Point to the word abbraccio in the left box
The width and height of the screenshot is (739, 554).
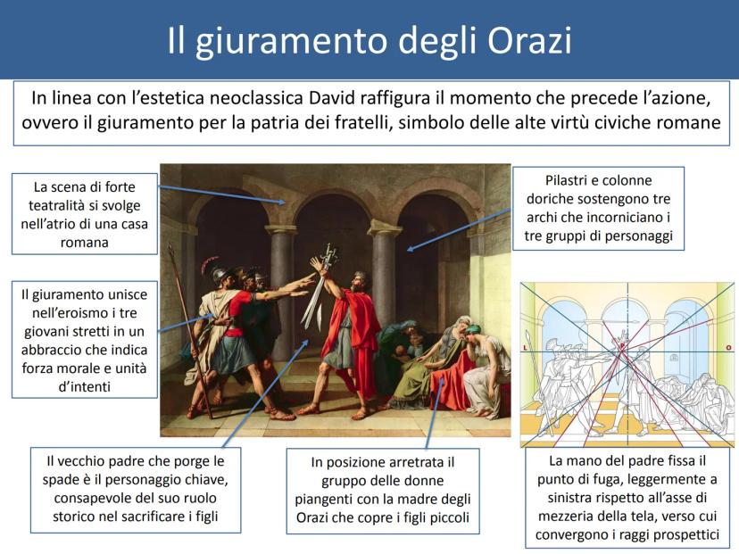[x=53, y=350]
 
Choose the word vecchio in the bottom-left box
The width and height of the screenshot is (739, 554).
[x=91, y=460]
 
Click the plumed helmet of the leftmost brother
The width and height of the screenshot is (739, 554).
[x=214, y=269]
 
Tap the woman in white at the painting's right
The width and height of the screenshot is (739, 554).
[x=486, y=368]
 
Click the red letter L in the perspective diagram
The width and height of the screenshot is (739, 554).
[x=525, y=348]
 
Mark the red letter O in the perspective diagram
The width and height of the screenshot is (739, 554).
[x=728, y=348]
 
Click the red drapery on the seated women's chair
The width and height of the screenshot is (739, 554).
[x=448, y=382]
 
